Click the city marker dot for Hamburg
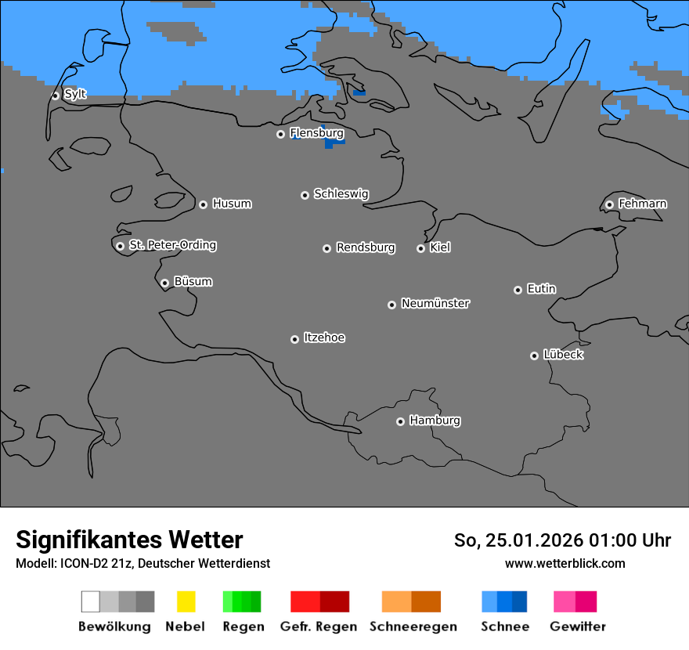400,421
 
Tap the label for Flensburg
316,133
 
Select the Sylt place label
75,95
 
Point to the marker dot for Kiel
420,248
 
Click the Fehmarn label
642,204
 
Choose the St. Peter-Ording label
172,245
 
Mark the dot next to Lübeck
534,356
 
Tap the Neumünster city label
435,304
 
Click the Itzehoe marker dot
294,339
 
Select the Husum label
232,204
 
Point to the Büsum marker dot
164,283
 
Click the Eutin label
541,289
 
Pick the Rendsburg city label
366,248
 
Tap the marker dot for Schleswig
305,195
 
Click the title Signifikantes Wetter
129,540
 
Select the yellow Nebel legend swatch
186,601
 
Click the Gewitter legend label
578,627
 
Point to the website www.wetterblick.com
565,563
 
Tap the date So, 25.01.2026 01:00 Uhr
562,540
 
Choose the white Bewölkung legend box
91,601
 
